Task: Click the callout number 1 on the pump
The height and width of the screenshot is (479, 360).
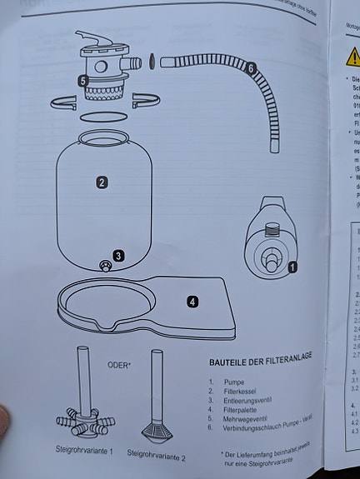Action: click(292, 267)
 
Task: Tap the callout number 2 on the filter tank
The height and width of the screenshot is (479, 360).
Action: click(101, 182)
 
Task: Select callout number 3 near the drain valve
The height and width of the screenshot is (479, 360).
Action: click(119, 256)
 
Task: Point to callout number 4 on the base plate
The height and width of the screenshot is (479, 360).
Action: click(192, 302)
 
